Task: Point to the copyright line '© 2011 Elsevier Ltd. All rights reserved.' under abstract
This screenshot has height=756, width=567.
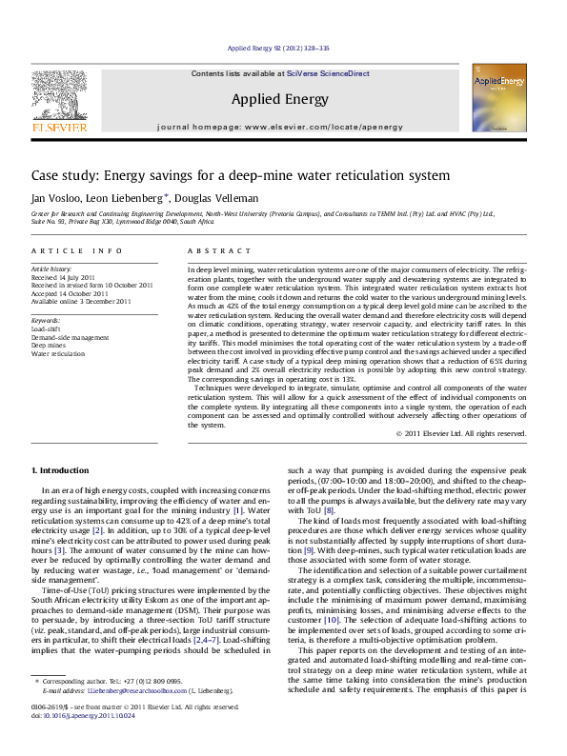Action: coord(460,433)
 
